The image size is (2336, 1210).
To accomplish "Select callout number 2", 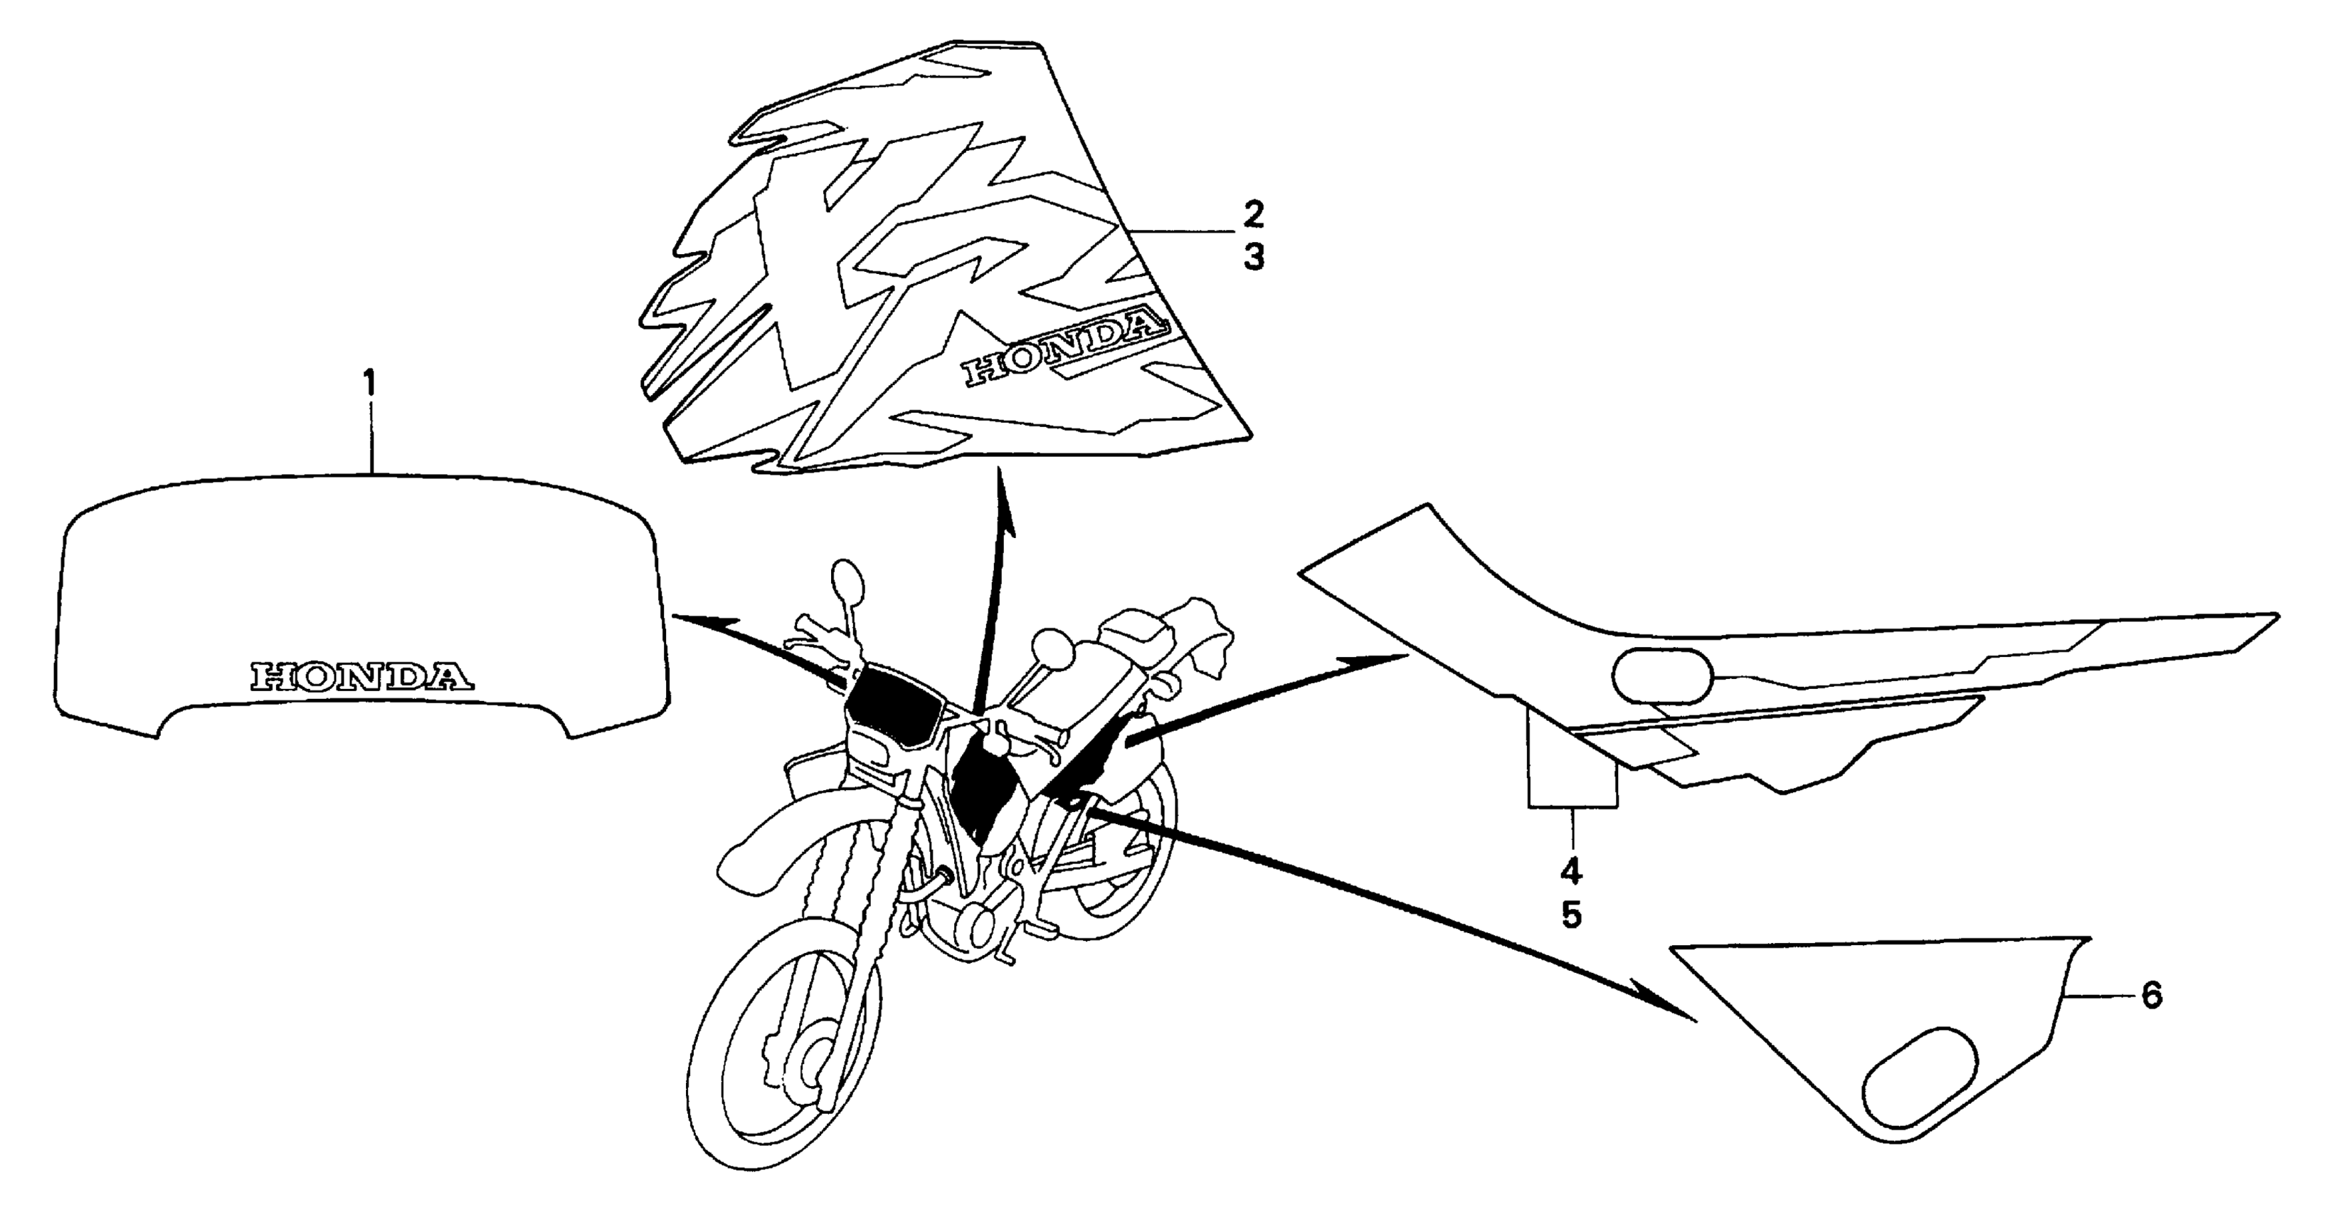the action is [1252, 215].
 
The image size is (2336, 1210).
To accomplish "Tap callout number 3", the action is [1252, 258].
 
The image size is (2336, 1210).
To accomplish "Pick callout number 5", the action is [1572, 915].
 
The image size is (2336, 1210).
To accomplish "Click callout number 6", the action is [2151, 996].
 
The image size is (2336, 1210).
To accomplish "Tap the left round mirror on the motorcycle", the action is [845, 578].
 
